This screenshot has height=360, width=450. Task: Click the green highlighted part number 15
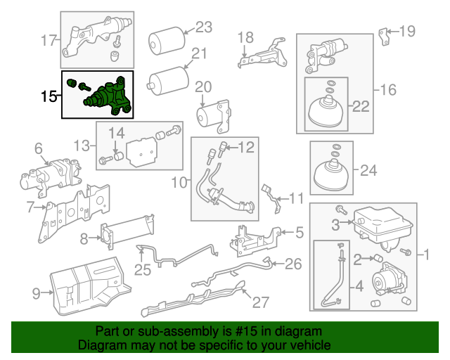point(105,96)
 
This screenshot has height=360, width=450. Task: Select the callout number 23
point(203,27)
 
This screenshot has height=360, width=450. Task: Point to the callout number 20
point(202,86)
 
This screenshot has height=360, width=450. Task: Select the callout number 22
point(360,106)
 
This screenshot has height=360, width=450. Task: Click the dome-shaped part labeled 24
point(331,172)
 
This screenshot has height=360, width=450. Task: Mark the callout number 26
point(293,264)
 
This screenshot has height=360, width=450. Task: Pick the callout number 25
point(143,270)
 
